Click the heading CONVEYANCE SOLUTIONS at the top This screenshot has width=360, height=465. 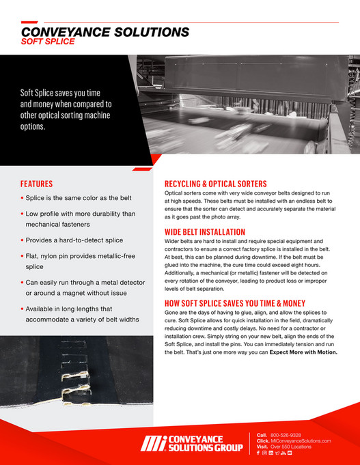pyautogui.click(x=105, y=31)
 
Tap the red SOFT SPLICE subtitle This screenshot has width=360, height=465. pyautogui.click(x=48, y=41)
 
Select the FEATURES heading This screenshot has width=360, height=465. pyautogui.click(x=36, y=184)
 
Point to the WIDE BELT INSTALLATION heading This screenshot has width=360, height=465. pyautogui.click(x=206, y=232)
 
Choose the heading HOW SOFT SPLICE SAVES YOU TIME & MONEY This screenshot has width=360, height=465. pyautogui.click(x=244, y=303)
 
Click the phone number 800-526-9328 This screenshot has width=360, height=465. pyautogui.click(x=286, y=435)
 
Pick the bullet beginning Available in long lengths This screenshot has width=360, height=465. pyautogui.click(x=79, y=314)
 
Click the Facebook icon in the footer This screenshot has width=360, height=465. pyautogui.click(x=258, y=453)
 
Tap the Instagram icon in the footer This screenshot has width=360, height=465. pyautogui.click(x=264, y=453)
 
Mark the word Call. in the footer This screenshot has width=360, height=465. pyautogui.click(x=262, y=435)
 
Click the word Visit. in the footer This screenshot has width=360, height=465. pyautogui.click(x=262, y=447)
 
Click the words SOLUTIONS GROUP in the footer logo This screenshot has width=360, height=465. pyautogui.click(x=202, y=449)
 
